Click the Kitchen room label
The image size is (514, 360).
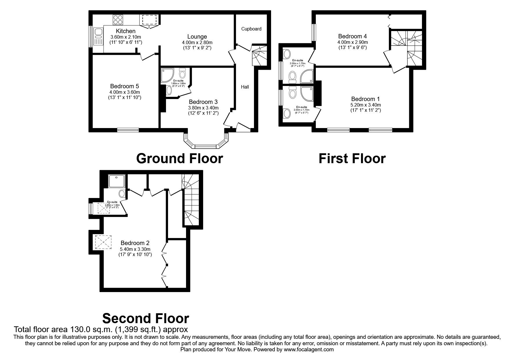tap(126, 31)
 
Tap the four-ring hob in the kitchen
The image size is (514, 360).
tap(118, 19)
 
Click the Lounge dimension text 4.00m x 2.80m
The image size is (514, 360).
tap(197, 42)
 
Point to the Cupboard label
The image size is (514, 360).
tap(251, 29)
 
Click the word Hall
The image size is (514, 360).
tap(245, 87)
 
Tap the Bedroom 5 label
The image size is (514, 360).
tap(125, 86)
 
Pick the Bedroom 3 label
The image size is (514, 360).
tap(203, 102)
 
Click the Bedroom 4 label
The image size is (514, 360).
tap(352, 36)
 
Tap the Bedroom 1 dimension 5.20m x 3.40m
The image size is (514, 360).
tap(365, 105)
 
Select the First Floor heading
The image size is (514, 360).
tap(352, 159)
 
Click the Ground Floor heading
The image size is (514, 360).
tap(179, 159)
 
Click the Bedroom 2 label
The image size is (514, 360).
tap(135, 243)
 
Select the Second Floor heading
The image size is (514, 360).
tap(146, 318)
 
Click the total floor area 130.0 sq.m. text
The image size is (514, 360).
tap(101, 330)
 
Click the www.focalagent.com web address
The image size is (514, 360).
tap(309, 350)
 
